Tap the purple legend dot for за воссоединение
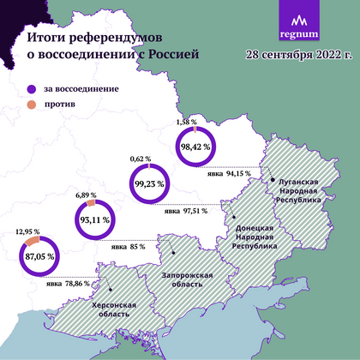(x=31, y=88)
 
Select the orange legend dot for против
(x=31, y=104)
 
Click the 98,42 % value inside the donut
(x=195, y=147)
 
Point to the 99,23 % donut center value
(x=153, y=183)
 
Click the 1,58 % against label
(x=186, y=123)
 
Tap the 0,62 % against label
(x=141, y=159)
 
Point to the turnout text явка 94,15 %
(x=229, y=173)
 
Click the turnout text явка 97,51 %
(x=184, y=211)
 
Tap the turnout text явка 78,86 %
(x=67, y=284)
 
